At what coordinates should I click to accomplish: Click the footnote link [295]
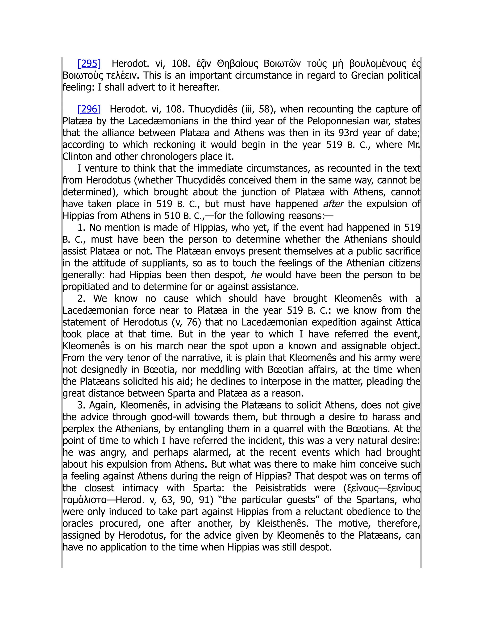(x=89, y=63)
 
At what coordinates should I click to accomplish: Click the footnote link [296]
(x=89, y=109)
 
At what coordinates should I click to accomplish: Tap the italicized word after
(x=333, y=204)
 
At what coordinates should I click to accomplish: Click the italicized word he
(x=256, y=275)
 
